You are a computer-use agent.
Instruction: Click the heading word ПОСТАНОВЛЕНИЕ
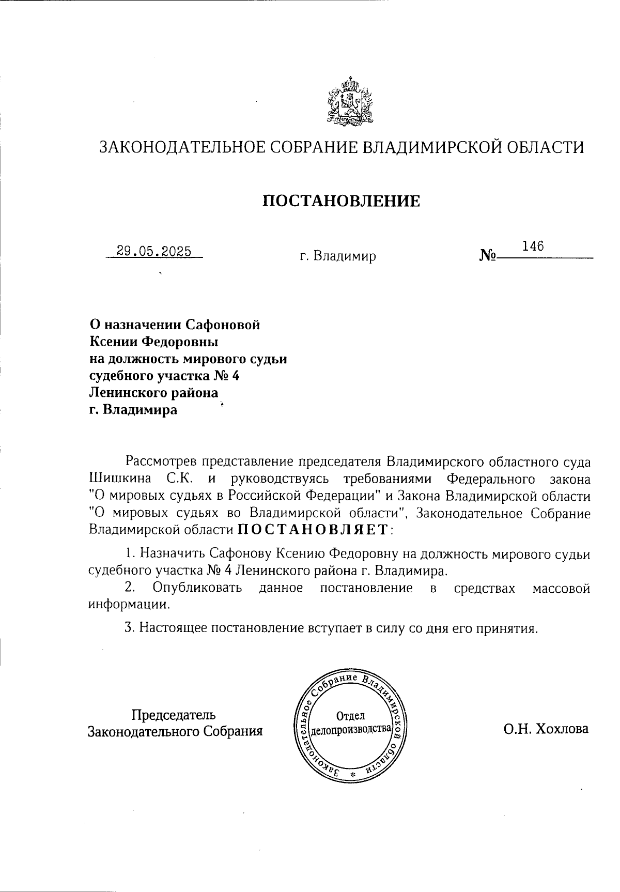coord(342,201)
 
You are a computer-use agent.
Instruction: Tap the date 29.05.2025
coord(154,252)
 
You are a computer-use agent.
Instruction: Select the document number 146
coord(533,246)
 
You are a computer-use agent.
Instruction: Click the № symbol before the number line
coord(488,255)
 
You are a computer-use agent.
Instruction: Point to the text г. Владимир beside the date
coord(338,256)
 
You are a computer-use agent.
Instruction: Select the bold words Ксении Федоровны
coord(154,342)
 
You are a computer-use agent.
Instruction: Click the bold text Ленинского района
coord(154,393)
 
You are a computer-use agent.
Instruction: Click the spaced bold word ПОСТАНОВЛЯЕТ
coord(313,529)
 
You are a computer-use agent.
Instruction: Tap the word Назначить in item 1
coord(173,554)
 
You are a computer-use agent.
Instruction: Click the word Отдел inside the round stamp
coord(350,716)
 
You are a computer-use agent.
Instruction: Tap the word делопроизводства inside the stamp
coord(350,730)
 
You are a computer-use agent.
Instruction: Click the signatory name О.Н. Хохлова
coord(546,729)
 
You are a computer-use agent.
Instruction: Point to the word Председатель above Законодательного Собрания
coord(174,715)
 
